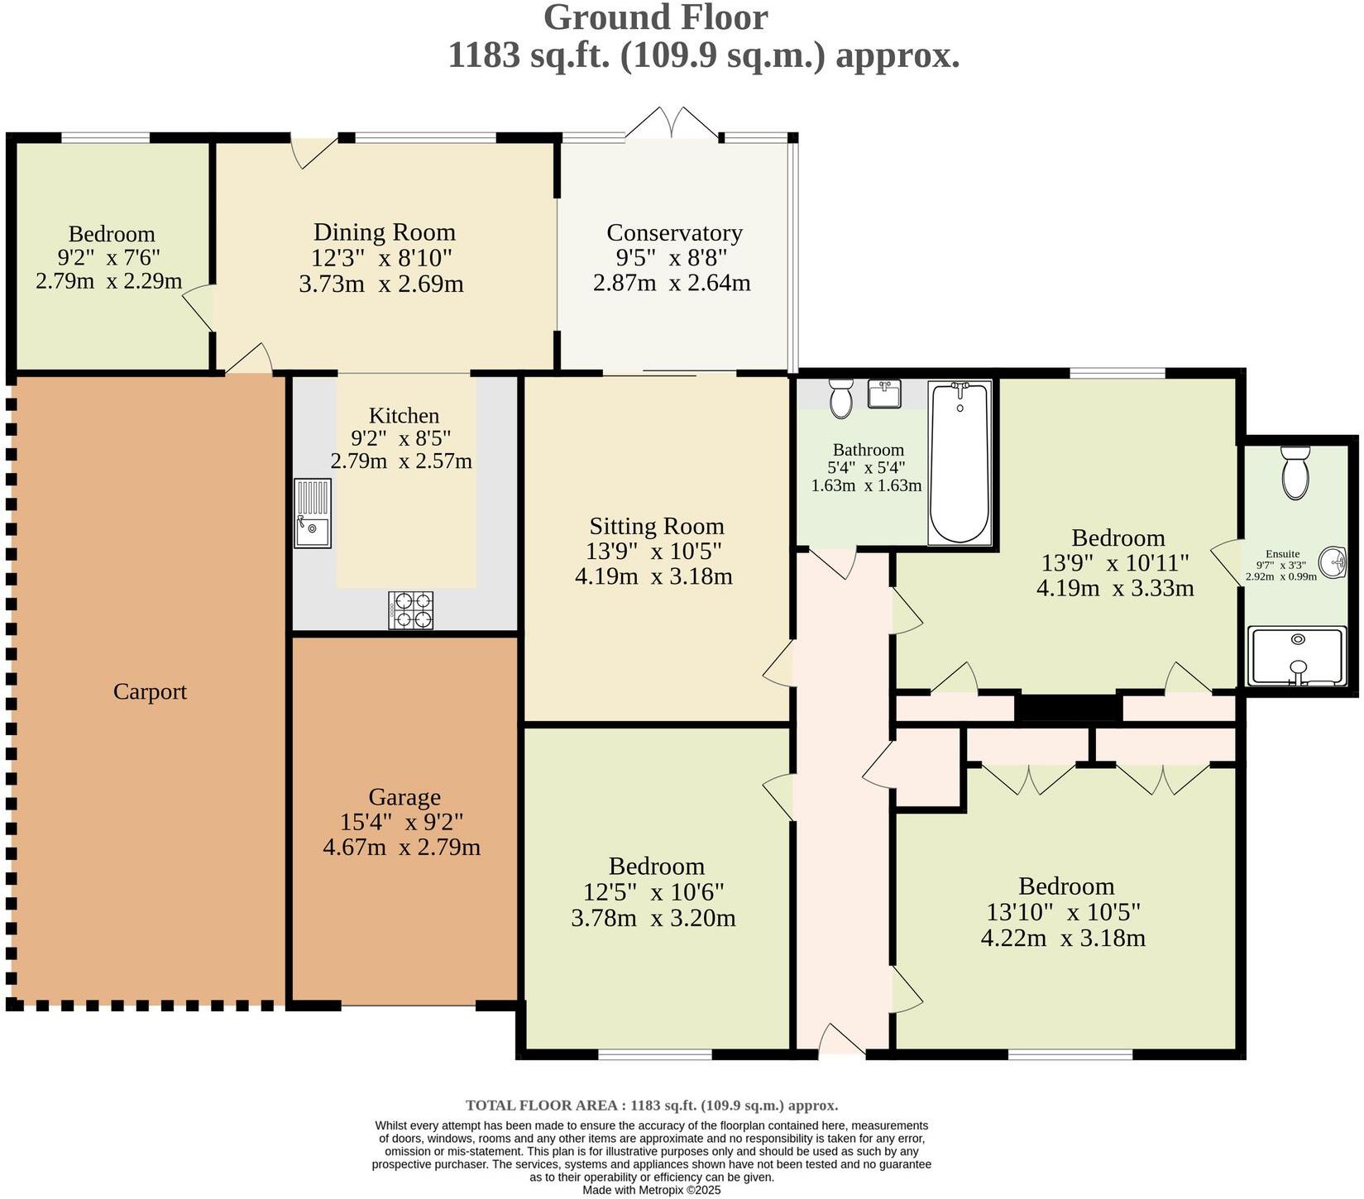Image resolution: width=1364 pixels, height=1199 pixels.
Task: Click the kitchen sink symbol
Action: (x=313, y=514)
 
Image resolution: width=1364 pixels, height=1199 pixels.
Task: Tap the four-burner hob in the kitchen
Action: (x=411, y=610)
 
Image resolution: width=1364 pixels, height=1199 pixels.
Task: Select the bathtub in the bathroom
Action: (x=960, y=462)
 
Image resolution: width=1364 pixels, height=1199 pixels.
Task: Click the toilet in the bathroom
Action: (x=841, y=399)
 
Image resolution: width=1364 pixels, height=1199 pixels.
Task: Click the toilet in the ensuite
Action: (x=1295, y=472)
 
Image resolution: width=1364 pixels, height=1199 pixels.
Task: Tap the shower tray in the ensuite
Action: (x=1297, y=657)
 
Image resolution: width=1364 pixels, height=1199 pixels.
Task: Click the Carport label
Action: (x=150, y=691)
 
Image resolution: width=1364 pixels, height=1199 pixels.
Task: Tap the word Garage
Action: (x=404, y=797)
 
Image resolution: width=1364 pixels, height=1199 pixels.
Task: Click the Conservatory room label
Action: (x=674, y=232)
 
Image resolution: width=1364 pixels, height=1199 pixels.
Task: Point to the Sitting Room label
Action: (x=657, y=526)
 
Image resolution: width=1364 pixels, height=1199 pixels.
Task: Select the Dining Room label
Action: (x=385, y=232)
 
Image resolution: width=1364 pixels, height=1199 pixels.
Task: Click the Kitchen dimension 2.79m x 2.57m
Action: (x=401, y=461)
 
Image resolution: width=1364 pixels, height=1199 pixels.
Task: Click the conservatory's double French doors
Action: (x=672, y=122)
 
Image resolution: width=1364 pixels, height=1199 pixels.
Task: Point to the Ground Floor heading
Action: (x=656, y=17)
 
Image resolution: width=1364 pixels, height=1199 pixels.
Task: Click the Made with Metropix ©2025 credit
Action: (x=652, y=1190)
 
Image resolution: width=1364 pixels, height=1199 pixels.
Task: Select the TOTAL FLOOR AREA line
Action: (x=652, y=1105)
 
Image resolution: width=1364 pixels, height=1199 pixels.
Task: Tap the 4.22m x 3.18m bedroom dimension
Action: (x=1063, y=939)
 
